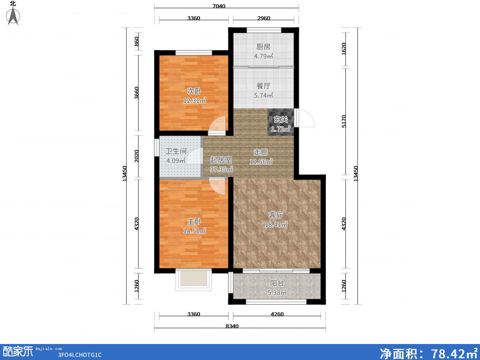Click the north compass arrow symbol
click(x=13, y=16)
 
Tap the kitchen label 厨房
click(x=263, y=46)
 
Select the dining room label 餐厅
click(x=263, y=86)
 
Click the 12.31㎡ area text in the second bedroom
click(x=194, y=100)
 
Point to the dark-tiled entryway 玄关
click(x=281, y=122)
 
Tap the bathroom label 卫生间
click(x=176, y=151)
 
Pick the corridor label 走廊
click(x=261, y=152)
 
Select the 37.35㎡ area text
click(x=221, y=169)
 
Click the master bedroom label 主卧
click(x=194, y=222)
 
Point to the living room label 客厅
click(x=276, y=215)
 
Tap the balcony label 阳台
click(x=277, y=283)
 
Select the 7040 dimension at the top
click(x=219, y=6)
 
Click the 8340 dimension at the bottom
click(x=232, y=326)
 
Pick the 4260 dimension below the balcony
click(x=277, y=314)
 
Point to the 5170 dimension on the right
click(x=344, y=121)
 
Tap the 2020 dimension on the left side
click(x=136, y=156)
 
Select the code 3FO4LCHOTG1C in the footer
click(x=80, y=355)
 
